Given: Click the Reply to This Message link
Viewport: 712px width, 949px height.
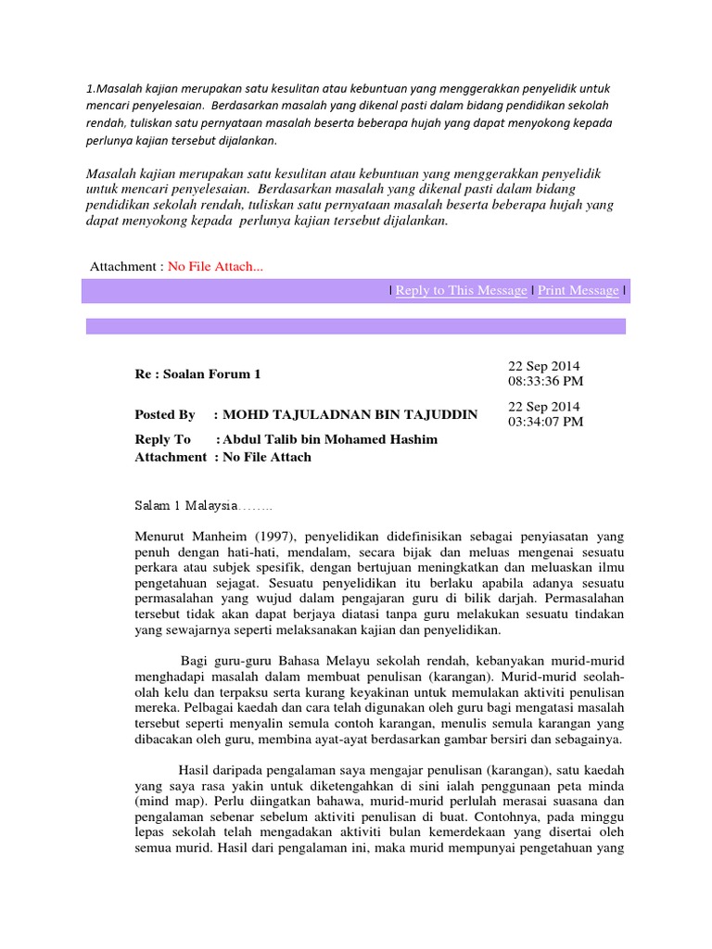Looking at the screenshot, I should (x=461, y=291).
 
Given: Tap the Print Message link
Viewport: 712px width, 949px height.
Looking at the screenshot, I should (x=578, y=291).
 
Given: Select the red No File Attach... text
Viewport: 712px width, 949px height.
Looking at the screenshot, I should (x=215, y=267).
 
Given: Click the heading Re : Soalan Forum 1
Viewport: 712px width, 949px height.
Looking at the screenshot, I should (x=198, y=374).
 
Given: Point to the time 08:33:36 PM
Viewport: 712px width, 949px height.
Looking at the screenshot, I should (x=546, y=382).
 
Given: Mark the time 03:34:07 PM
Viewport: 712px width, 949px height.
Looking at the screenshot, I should (x=546, y=423).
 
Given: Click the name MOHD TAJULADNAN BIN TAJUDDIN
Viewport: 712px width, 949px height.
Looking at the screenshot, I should (x=350, y=415).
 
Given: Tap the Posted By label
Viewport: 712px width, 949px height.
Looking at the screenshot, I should (x=165, y=415).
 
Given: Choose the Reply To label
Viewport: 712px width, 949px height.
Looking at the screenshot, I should (x=162, y=439).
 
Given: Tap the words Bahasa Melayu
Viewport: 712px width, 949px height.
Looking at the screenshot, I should (x=286, y=659).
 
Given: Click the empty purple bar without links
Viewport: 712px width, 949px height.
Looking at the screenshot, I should (x=356, y=326).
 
